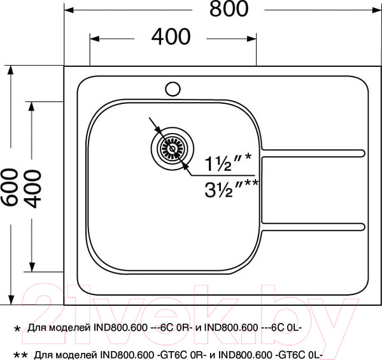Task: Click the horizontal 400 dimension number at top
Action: pyautogui.click(x=171, y=37)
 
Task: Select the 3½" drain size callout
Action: pyautogui.click(x=231, y=188)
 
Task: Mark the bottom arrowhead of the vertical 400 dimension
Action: pyautogui.click(x=32, y=268)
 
